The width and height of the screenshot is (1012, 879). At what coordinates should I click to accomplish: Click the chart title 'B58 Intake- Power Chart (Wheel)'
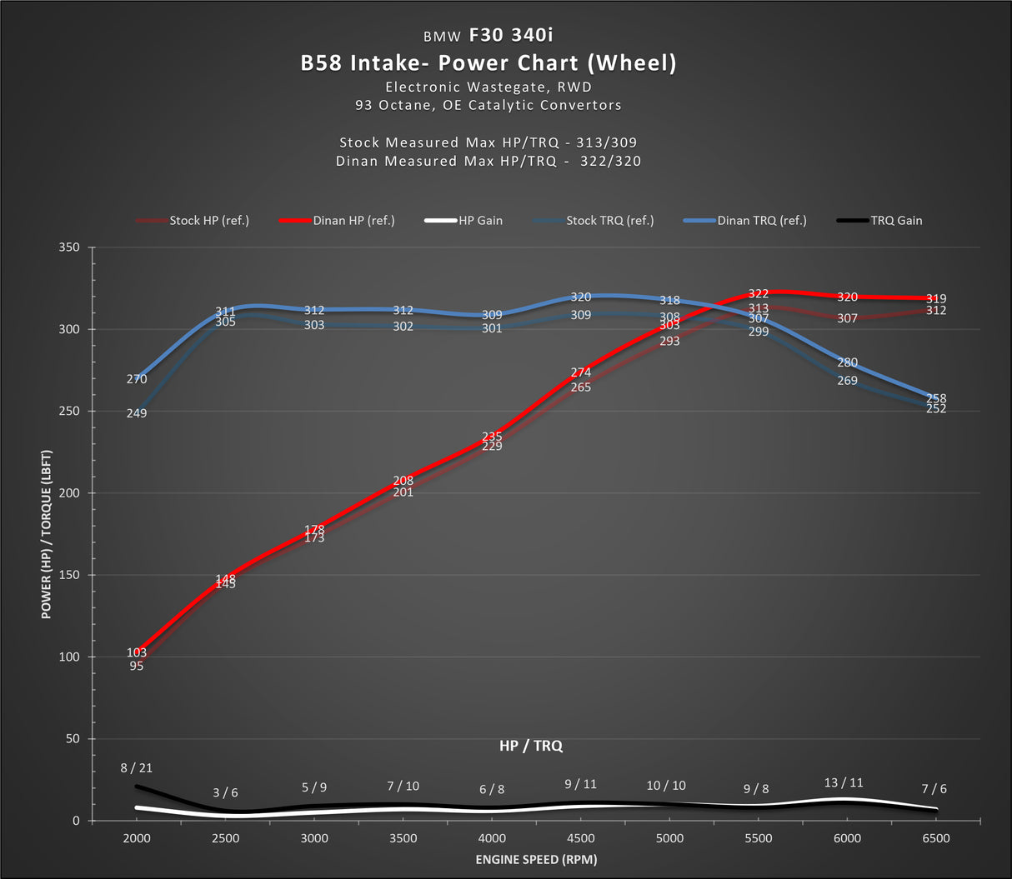[x=488, y=62]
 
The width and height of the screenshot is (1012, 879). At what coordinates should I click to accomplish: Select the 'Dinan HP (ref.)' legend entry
[x=353, y=221]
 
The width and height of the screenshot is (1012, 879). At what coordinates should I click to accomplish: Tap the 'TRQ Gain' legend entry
[x=896, y=221]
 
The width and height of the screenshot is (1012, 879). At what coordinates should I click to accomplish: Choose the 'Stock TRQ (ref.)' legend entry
[x=609, y=221]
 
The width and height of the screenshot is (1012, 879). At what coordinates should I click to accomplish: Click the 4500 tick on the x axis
[x=580, y=838]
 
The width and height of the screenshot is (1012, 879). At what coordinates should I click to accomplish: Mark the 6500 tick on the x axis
[x=935, y=838]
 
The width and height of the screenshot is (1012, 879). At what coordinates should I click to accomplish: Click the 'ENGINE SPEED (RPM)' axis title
[x=536, y=859]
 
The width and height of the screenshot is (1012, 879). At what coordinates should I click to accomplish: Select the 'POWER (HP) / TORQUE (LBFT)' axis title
[x=47, y=534]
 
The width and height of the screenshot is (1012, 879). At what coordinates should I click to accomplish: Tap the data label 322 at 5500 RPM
[x=758, y=293]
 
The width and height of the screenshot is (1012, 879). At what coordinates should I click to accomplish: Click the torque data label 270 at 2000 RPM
[x=137, y=379]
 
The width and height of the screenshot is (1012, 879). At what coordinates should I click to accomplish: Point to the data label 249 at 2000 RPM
[x=137, y=413]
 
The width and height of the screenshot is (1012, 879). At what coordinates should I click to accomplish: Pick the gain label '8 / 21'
[x=137, y=768]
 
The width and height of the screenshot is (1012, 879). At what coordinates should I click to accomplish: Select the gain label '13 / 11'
[x=844, y=782]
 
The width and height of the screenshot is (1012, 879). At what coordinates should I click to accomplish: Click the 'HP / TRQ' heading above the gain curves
[x=531, y=746]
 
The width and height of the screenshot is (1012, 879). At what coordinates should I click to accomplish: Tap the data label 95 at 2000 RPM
[x=137, y=666]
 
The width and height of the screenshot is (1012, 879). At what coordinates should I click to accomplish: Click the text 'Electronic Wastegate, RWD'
[x=488, y=87]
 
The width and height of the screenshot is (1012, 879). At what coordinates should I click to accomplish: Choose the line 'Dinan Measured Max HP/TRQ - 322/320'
[x=488, y=161]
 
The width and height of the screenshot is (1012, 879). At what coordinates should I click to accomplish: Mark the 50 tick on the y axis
[x=73, y=739]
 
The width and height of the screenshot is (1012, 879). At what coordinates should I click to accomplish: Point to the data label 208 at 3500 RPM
[x=403, y=481]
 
